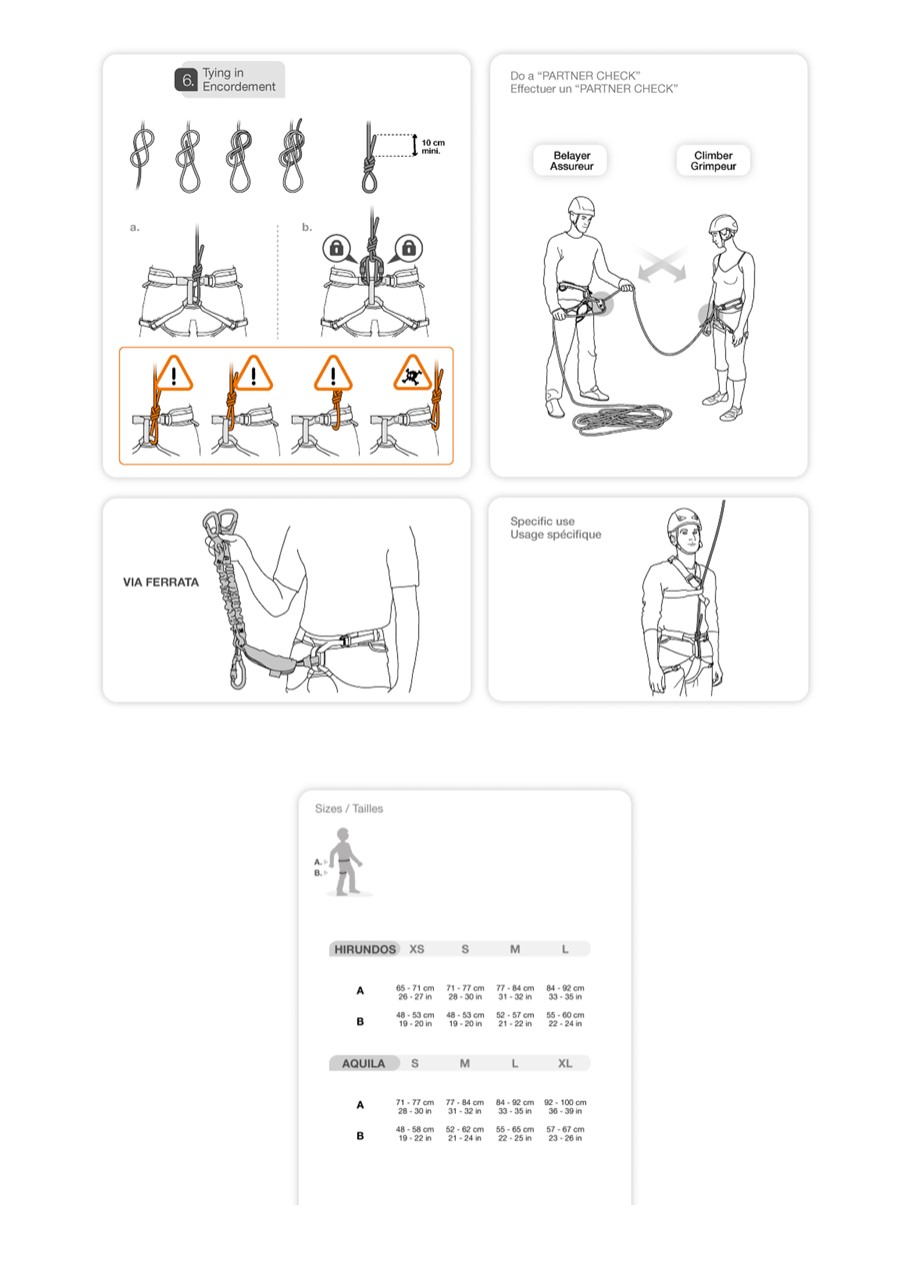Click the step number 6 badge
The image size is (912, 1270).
(x=187, y=80)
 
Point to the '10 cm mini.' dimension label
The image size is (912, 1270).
(x=433, y=146)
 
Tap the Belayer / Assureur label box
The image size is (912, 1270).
(x=571, y=160)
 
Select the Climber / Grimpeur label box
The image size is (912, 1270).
(x=713, y=160)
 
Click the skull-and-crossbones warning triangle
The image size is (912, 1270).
(x=413, y=374)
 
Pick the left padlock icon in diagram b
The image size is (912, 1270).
(x=336, y=248)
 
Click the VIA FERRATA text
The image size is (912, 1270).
(x=161, y=582)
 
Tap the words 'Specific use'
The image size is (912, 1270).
(x=542, y=521)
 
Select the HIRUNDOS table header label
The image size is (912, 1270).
(x=364, y=949)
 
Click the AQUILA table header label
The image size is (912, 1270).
(x=363, y=1063)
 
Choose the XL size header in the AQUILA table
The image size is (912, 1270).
(x=565, y=1064)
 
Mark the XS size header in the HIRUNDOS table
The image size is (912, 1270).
(x=417, y=949)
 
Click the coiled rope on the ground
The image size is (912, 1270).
(x=622, y=420)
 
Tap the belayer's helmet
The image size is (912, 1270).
(x=581, y=206)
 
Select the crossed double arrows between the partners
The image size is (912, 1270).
(x=661, y=265)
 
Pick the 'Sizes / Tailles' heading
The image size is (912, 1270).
(x=349, y=808)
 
